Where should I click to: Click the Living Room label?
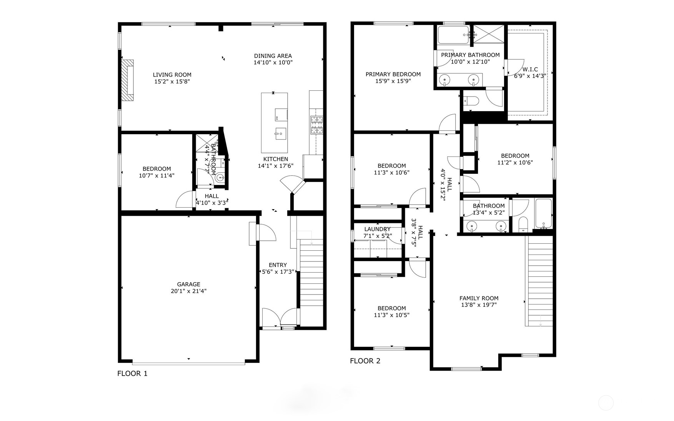172,75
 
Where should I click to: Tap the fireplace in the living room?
128,80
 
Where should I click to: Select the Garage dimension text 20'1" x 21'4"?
188,291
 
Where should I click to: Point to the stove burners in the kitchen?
317,125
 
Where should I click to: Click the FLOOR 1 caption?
132,373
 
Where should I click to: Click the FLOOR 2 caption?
365,361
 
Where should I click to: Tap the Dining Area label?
273,56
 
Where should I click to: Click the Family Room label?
479,298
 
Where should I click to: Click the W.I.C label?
530,69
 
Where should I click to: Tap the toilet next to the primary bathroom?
471,101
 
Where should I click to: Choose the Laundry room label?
377,229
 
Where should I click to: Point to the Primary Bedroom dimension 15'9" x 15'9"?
393,81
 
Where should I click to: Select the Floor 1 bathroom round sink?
220,178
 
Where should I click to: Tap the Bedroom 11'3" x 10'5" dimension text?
391,315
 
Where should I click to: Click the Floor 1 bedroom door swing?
185,200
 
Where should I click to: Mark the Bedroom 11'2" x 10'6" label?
515,156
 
